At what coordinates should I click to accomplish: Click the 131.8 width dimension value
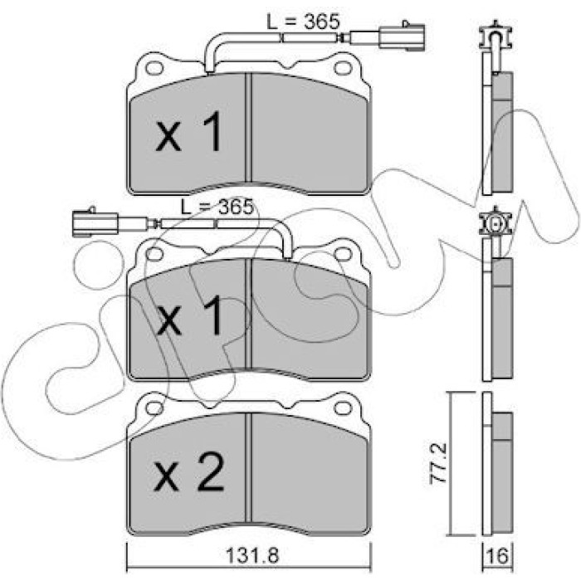coord(252,555)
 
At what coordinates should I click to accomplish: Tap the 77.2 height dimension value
coord(438,463)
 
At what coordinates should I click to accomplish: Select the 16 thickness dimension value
coord(498,556)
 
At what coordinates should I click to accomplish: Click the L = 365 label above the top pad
coord(303,22)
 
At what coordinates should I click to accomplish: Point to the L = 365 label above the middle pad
coord(217,207)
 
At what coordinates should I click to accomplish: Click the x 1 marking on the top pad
coord(189,132)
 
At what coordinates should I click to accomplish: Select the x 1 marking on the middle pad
coord(190,315)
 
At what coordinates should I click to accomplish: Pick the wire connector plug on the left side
coord(95,222)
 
